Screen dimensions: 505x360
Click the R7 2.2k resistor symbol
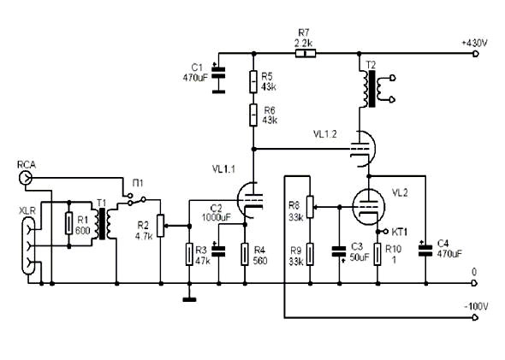click(x=306, y=53)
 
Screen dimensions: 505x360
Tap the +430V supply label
click(x=475, y=43)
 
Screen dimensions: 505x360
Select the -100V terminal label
click(x=476, y=306)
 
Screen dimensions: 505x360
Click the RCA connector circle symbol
click(x=25, y=177)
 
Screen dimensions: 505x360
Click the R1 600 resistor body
click(x=68, y=223)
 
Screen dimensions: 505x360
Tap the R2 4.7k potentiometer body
click(x=161, y=226)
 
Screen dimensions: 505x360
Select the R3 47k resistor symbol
click(x=189, y=255)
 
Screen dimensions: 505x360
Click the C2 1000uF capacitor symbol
click(x=218, y=251)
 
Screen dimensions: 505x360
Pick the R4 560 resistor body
click(x=245, y=255)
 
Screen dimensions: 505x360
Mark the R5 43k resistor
click(x=253, y=82)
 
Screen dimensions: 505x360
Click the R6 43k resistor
click(x=253, y=115)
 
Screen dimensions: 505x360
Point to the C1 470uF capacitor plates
click(x=218, y=73)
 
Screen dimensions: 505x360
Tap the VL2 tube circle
click(x=368, y=206)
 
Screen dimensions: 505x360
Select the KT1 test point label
click(x=400, y=232)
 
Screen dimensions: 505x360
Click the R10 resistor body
click(x=377, y=255)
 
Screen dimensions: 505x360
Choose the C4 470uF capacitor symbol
click(x=425, y=251)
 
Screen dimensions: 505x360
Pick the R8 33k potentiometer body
click(x=310, y=207)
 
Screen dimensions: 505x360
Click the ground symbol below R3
click(x=189, y=300)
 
